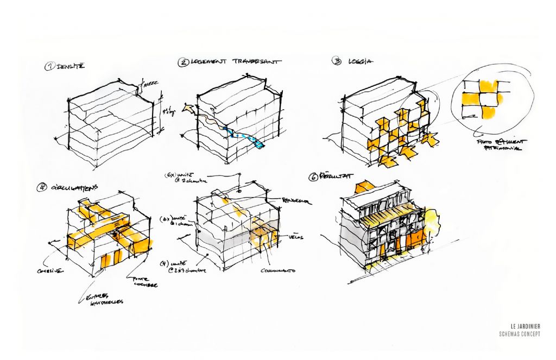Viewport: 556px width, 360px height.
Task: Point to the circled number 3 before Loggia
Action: (x=337, y=61)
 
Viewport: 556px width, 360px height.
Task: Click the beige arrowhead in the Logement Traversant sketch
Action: (x=189, y=110)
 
